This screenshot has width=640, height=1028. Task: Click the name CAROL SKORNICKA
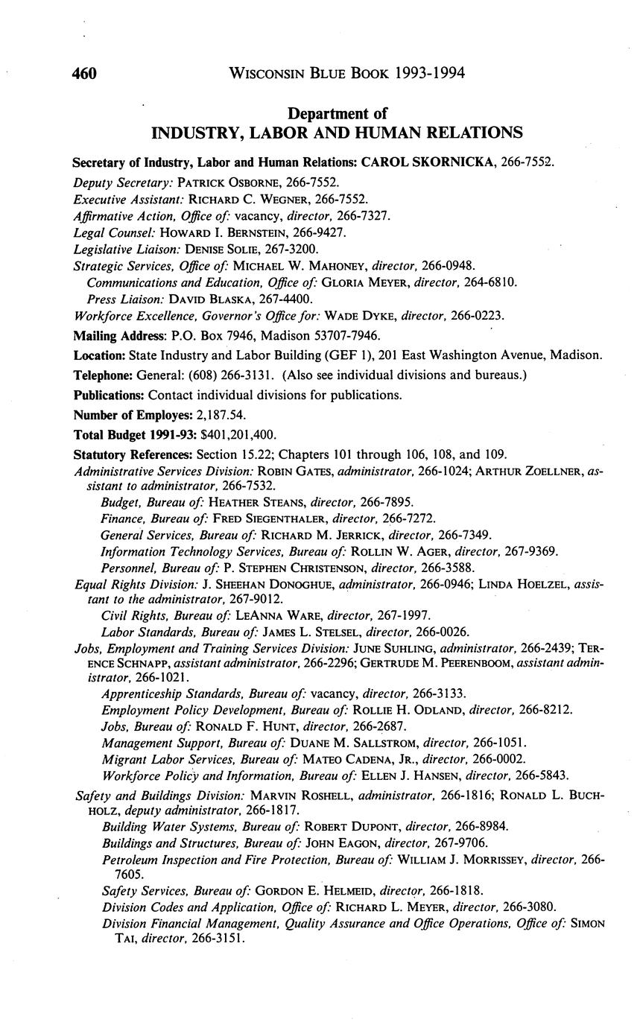coord(435,162)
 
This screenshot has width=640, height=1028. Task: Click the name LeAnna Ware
coord(273,615)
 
